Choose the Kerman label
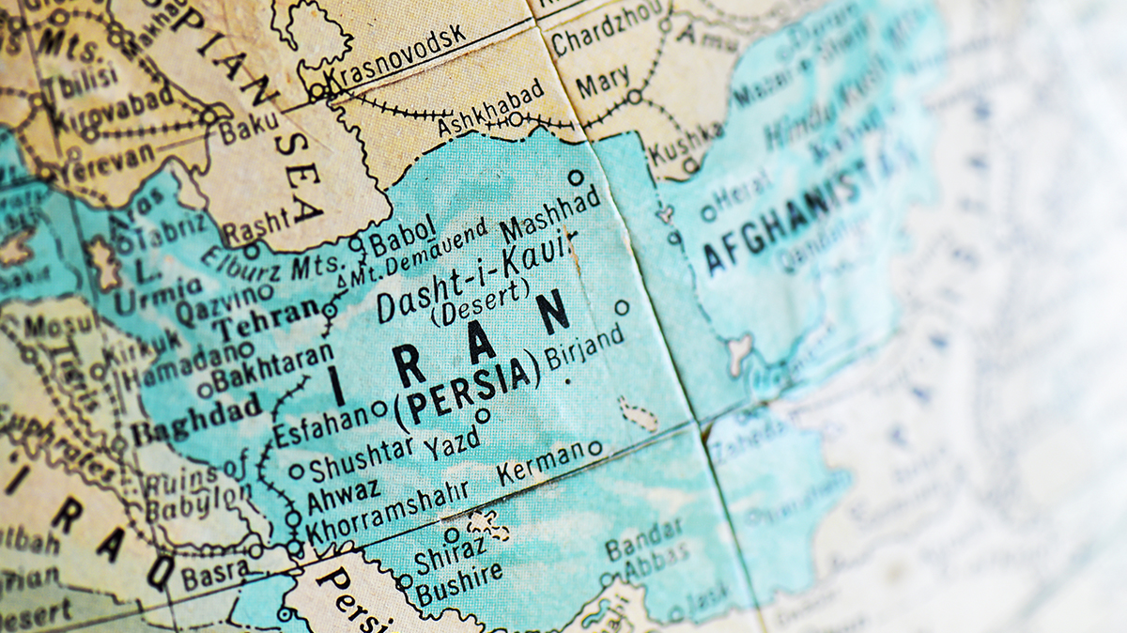tap(541, 463)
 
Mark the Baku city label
tap(249, 127)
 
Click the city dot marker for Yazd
tap(483, 415)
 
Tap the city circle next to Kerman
tap(594, 448)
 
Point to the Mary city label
tap(602, 85)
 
